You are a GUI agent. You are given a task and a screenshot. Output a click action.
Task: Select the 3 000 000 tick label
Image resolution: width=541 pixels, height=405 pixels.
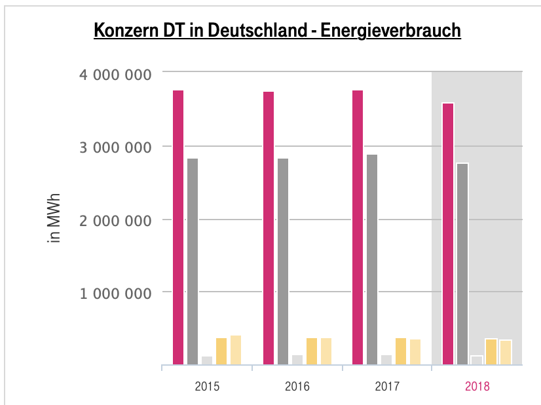(x=115, y=147)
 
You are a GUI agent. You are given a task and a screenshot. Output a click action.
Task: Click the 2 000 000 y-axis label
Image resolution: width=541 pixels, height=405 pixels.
(x=115, y=220)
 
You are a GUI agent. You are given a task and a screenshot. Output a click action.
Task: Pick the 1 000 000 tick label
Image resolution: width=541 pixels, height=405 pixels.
(x=115, y=293)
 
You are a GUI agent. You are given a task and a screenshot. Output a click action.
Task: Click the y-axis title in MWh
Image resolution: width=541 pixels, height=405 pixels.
(x=55, y=218)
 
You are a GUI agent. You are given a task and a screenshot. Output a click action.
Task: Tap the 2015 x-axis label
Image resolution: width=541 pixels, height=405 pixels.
(x=207, y=386)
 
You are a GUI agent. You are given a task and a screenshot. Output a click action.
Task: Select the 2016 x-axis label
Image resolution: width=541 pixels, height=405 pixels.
(x=297, y=386)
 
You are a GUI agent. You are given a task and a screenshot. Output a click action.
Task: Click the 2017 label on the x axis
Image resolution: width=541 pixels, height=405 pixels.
(x=386, y=386)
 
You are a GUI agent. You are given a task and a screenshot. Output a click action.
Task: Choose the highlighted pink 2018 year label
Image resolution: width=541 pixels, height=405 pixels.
(x=477, y=386)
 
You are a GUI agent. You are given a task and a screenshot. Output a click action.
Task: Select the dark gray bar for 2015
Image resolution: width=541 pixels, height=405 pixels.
(x=193, y=261)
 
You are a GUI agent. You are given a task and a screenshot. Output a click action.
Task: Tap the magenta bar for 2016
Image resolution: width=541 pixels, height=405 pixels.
(x=268, y=227)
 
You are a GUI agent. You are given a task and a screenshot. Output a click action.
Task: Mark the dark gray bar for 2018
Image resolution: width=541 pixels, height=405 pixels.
(x=462, y=263)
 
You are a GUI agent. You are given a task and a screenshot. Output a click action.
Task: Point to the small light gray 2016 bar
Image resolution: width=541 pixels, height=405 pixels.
(x=297, y=359)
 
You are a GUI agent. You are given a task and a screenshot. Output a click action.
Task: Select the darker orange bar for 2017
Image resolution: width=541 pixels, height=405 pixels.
(x=401, y=351)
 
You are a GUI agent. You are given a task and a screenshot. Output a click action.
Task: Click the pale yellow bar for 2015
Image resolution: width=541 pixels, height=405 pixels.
(x=236, y=349)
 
